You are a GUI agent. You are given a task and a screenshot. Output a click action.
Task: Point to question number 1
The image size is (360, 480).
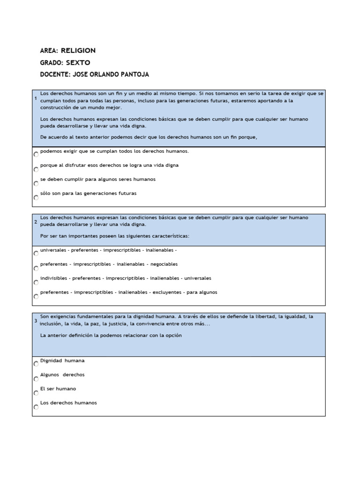click(36, 98)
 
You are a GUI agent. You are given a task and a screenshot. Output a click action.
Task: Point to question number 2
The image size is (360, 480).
click(36, 222)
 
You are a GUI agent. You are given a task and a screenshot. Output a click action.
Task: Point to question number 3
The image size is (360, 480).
click(36, 321)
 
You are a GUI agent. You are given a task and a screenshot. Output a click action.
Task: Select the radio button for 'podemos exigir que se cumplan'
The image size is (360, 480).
click(36, 154)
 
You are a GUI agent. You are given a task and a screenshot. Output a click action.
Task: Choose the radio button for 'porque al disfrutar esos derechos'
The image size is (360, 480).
click(36, 169)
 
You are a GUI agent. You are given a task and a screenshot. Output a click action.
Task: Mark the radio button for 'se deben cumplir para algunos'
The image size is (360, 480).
click(36, 183)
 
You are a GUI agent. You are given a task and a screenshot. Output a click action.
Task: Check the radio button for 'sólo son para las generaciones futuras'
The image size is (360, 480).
click(36, 197)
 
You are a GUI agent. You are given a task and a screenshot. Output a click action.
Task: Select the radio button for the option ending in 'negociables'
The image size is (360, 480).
click(36, 268)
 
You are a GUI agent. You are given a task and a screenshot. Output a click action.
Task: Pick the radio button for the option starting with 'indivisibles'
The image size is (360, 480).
click(36, 282)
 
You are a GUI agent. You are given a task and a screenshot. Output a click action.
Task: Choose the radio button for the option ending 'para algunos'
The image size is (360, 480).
click(36, 296)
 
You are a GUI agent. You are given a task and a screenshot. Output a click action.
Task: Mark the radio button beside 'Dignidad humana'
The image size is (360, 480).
click(36, 364)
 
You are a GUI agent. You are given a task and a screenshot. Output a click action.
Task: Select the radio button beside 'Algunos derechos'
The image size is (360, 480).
click(36, 379)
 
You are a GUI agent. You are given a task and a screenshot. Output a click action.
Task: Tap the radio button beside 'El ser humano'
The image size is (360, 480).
click(36, 393)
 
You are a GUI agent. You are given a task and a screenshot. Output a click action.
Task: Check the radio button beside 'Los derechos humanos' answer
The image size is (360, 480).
click(36, 407)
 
